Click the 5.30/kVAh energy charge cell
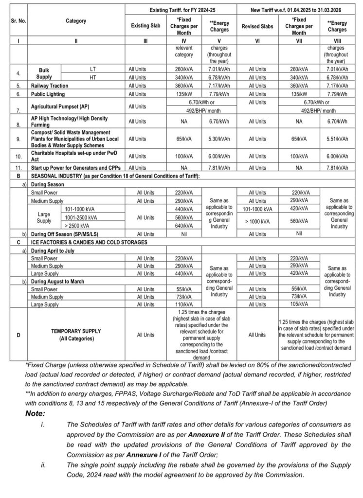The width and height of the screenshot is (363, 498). click(x=219, y=139)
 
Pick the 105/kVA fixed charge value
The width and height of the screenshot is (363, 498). click(x=299, y=304)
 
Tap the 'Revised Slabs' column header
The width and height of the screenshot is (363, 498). click(x=257, y=27)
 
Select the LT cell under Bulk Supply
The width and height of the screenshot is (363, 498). click(x=93, y=69)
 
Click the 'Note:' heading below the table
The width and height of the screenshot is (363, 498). click(x=36, y=413)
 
